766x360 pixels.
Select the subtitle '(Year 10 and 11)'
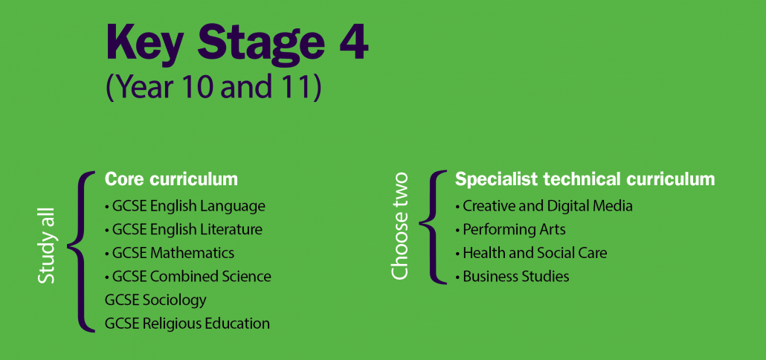point(213,87)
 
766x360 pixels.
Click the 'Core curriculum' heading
point(171,179)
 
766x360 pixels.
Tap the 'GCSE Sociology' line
point(155,300)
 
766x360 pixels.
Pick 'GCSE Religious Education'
point(187,324)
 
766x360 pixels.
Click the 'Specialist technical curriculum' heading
point(585,179)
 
